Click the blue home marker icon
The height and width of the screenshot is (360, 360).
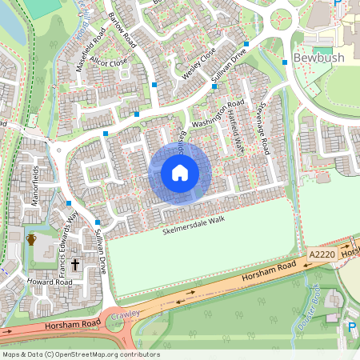pos(180,173)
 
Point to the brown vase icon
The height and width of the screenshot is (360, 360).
pos(32,239)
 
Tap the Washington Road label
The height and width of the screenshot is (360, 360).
pos(217,115)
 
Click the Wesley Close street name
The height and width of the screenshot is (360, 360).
pos(198,61)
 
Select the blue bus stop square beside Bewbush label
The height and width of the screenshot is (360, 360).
pos(285,62)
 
